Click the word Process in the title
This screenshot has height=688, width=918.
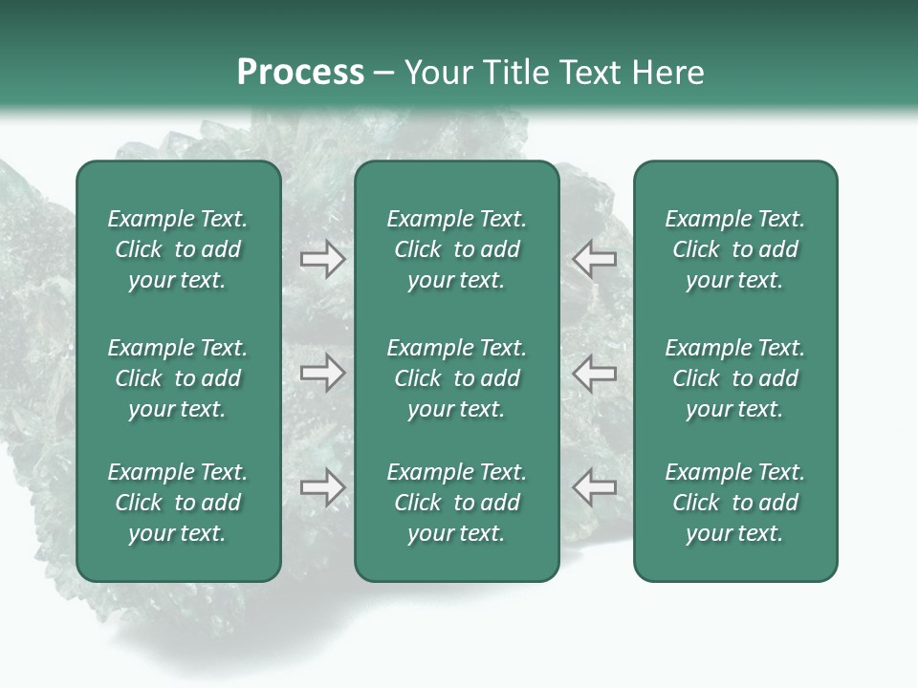click(x=300, y=73)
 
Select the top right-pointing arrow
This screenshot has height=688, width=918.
click(x=322, y=259)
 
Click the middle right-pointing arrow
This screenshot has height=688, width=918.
click(x=322, y=372)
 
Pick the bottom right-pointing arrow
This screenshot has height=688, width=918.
click(x=322, y=487)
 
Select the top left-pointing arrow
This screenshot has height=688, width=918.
click(x=594, y=259)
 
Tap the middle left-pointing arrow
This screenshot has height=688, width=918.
click(x=594, y=372)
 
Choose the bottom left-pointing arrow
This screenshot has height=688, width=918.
click(x=594, y=487)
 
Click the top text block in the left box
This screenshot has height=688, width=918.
click(x=178, y=249)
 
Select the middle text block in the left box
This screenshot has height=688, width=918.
click(x=178, y=378)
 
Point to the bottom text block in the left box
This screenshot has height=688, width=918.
click(x=178, y=503)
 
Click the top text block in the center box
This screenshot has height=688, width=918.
click(x=457, y=249)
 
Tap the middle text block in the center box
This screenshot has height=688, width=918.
click(x=457, y=378)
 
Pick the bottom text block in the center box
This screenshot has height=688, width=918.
click(x=457, y=503)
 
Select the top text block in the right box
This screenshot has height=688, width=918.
click(x=735, y=249)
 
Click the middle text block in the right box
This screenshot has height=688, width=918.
click(x=735, y=378)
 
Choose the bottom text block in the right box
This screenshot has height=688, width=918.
click(x=735, y=503)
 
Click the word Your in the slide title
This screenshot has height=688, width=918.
click(x=436, y=73)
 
